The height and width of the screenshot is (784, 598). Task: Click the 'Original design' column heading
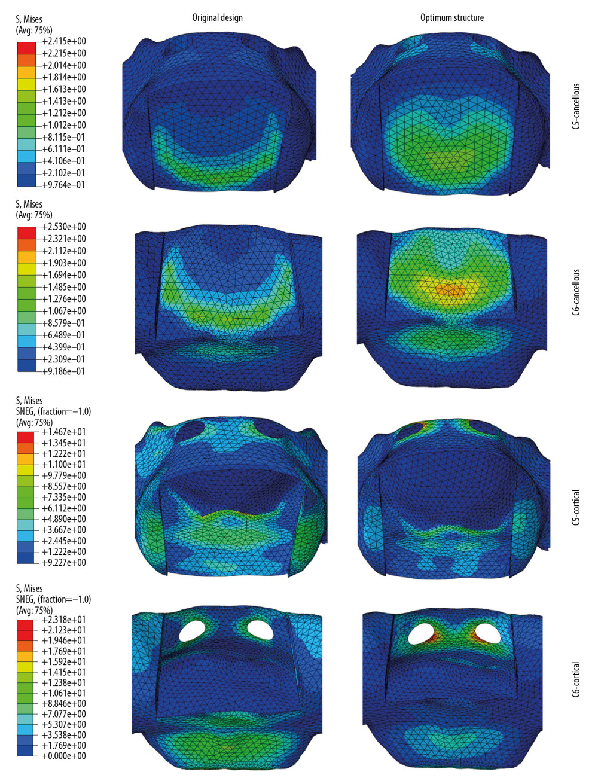(217, 18)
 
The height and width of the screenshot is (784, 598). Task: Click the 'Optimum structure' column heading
(451, 18)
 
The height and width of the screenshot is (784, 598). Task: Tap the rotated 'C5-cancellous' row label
(576, 106)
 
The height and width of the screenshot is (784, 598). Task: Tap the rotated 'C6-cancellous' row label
(576, 292)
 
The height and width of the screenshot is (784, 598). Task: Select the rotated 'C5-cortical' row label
(576, 507)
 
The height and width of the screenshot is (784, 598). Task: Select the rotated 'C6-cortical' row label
(576, 679)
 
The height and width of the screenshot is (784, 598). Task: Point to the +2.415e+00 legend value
(64, 41)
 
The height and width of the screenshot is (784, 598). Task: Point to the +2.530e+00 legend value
(64, 227)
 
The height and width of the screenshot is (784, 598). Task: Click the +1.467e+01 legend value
(64, 432)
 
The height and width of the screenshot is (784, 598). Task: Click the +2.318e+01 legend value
(64, 620)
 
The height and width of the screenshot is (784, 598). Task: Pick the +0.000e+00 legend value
(64, 756)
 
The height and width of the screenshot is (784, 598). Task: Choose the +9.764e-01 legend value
(64, 185)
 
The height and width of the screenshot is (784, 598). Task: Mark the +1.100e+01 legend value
(64, 465)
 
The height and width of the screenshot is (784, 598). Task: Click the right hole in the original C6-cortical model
(260, 629)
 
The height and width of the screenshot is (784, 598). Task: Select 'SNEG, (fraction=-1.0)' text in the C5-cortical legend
(53, 411)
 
